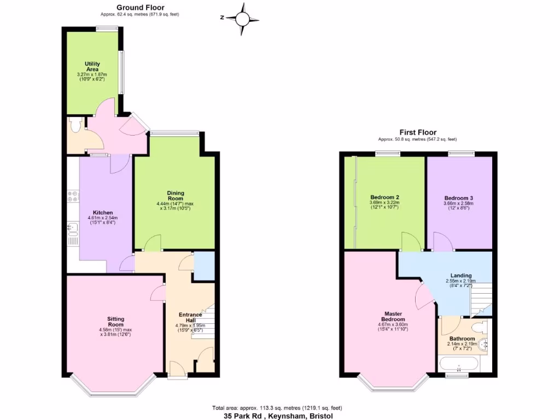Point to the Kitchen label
point(103,213)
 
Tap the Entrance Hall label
point(191,318)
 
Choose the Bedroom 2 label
point(384,197)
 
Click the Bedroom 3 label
point(458,197)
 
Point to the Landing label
point(461,276)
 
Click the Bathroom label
point(462,339)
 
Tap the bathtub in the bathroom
point(459,364)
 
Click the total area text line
point(278,408)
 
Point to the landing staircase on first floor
point(481,299)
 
